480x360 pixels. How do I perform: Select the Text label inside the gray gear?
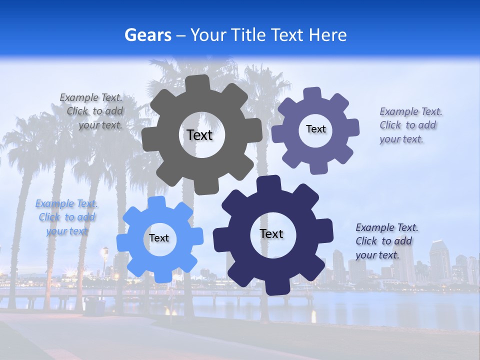point(199,135)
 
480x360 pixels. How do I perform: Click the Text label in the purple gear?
point(315,129)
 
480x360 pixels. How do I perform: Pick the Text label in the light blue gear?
point(159,238)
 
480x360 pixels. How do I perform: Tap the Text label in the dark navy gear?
point(271,233)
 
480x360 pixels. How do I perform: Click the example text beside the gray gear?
point(92,111)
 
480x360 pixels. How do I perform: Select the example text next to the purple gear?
point(410,125)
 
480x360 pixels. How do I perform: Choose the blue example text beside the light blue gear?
point(66,217)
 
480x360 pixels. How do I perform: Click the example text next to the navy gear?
point(386,241)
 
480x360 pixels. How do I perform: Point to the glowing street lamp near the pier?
point(105,251)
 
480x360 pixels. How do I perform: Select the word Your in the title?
point(209,35)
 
